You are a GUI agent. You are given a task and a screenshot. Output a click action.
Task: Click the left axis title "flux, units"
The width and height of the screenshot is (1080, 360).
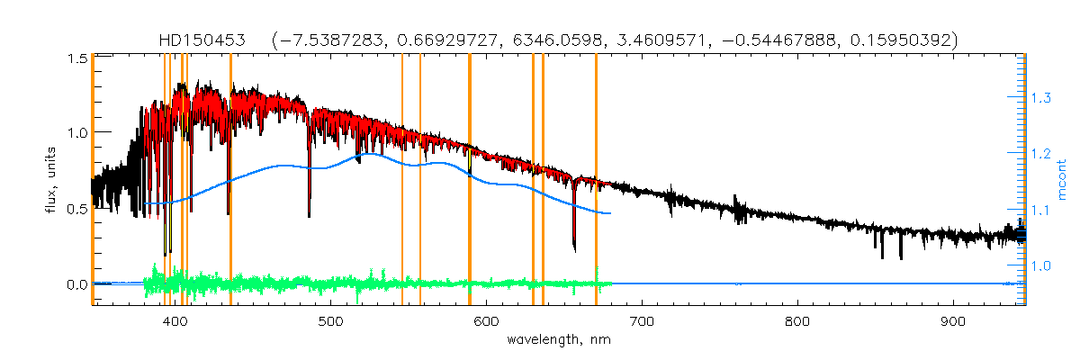52,179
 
